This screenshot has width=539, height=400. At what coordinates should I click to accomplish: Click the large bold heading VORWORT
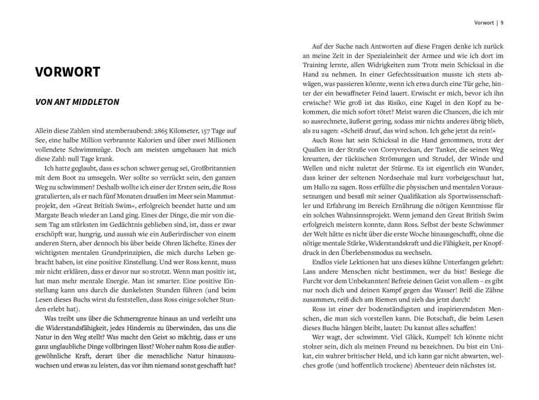point(67,72)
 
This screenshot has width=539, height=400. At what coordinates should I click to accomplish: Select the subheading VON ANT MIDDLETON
point(77,102)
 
